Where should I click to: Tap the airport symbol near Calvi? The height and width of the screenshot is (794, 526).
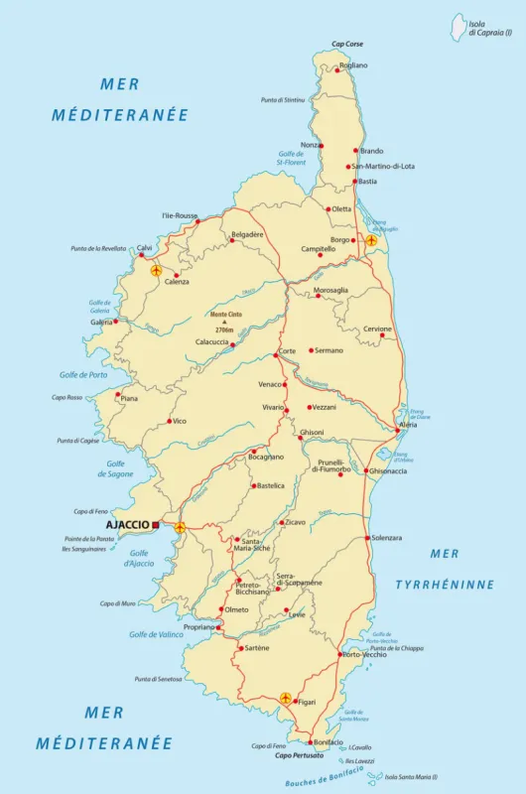coord(156,270)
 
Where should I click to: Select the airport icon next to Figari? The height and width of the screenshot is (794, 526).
coord(286,698)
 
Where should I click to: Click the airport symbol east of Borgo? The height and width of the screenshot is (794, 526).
coord(371,240)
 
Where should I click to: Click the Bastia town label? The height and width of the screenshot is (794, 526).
coord(367,182)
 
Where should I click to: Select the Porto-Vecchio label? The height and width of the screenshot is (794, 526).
coord(364,655)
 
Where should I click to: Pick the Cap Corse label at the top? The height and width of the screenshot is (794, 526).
coord(347,45)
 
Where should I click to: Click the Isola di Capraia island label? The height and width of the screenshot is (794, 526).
coord(490,29)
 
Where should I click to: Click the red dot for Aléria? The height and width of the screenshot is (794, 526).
coord(397,431)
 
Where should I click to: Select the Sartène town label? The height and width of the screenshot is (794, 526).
coord(256,648)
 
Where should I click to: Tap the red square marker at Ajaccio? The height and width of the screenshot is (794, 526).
coord(156,524)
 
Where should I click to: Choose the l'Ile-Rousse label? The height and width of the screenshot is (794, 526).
coord(180,215)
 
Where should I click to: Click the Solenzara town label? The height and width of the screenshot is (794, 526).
coord(386,537)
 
